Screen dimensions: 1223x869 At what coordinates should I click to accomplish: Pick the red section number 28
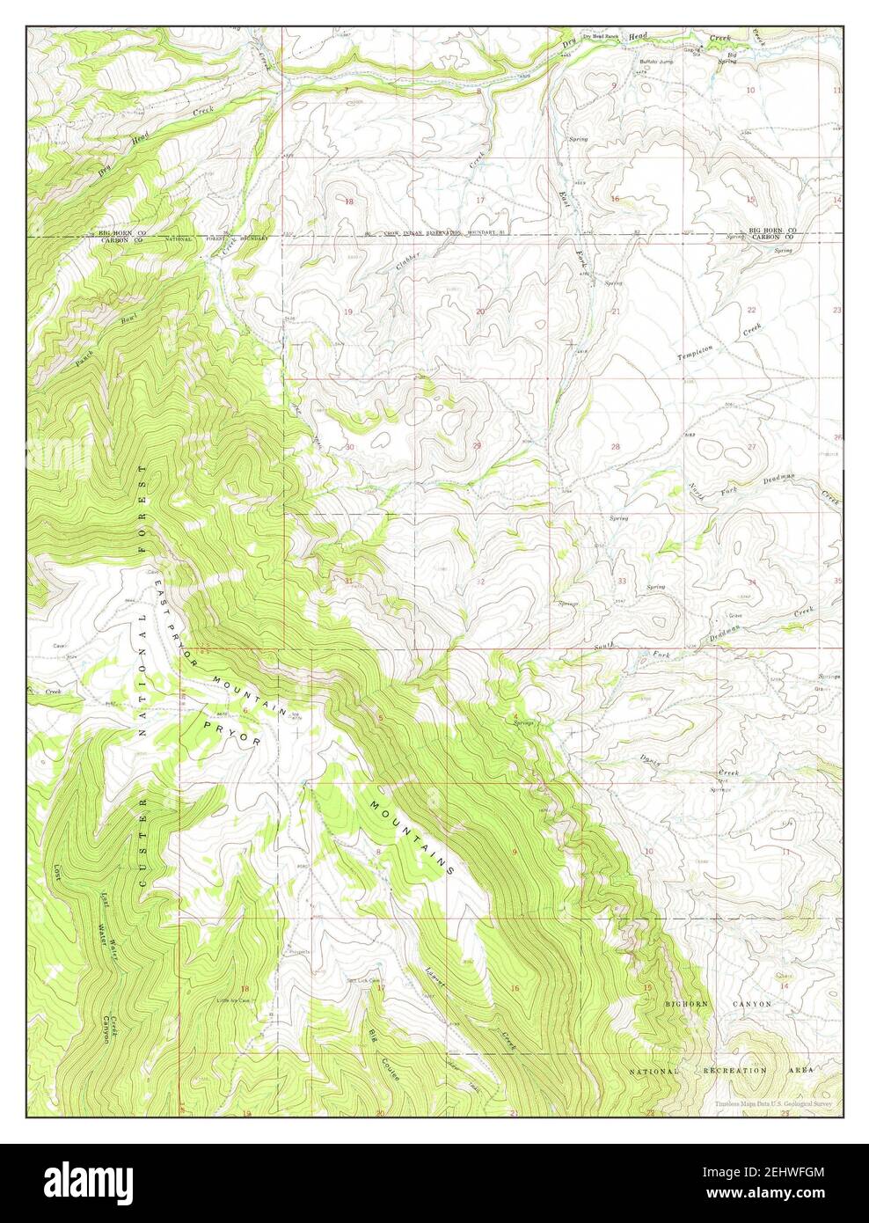[616, 447]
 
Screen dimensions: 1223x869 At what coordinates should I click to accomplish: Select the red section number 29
[477, 447]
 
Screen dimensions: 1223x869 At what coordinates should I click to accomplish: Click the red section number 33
[622, 581]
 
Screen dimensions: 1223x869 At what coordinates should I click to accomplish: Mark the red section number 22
[750, 310]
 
